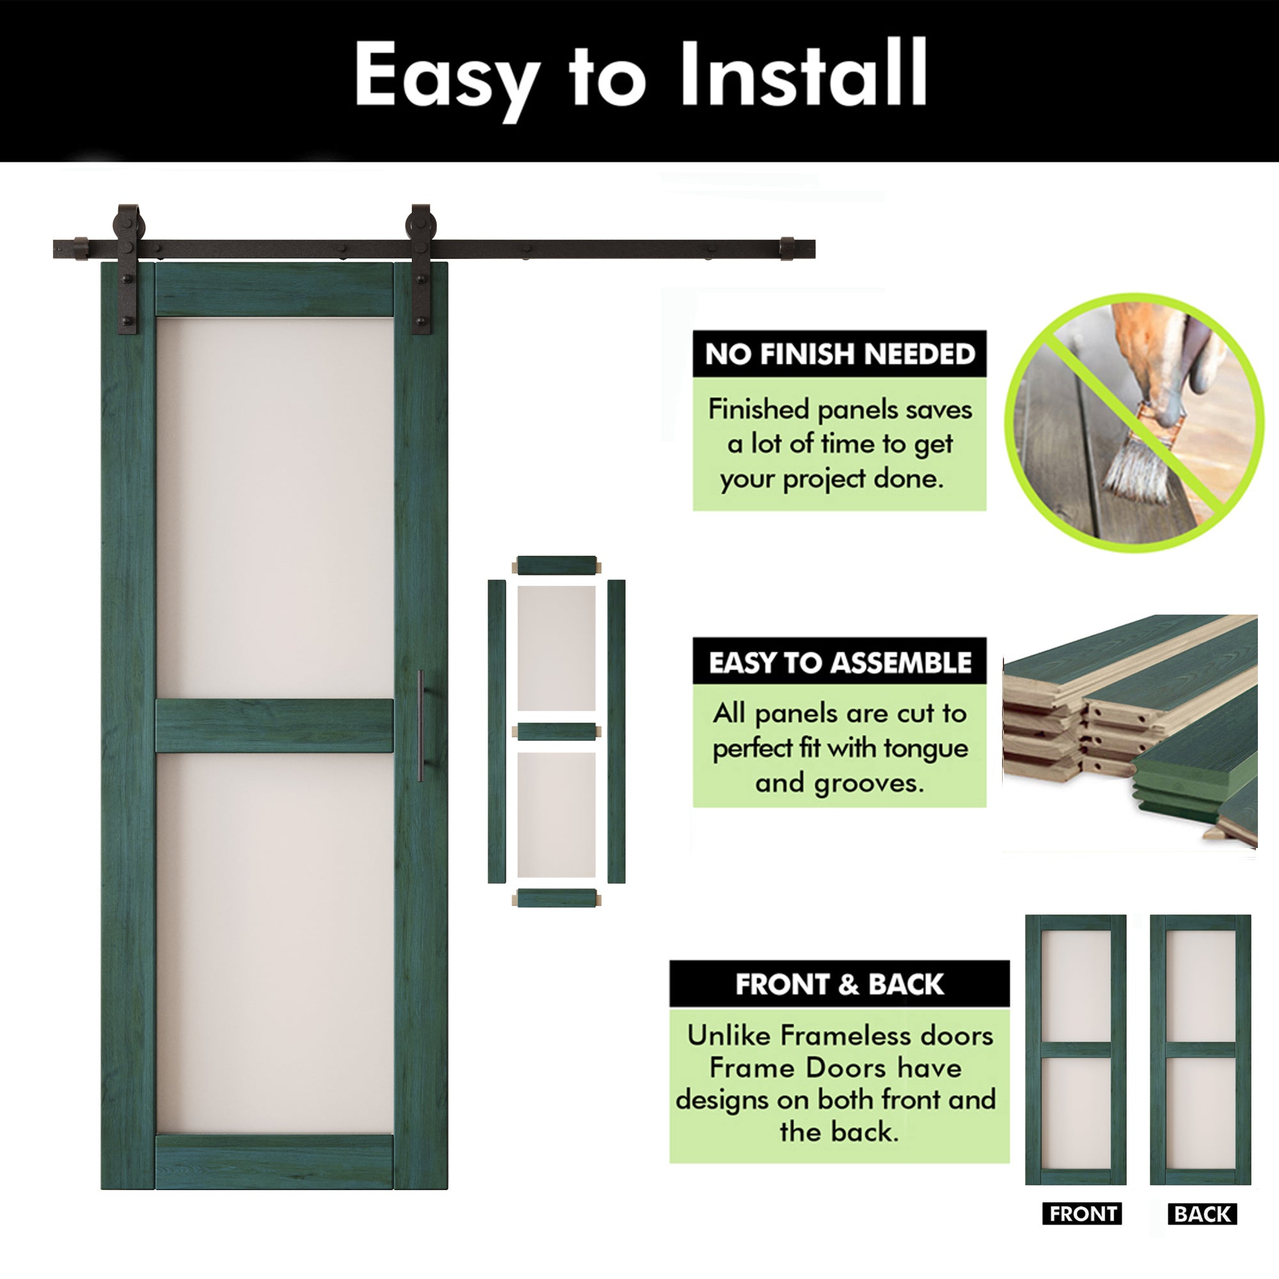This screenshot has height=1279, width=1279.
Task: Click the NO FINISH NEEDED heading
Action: click(x=840, y=354)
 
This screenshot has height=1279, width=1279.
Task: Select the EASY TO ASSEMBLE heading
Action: click(x=840, y=663)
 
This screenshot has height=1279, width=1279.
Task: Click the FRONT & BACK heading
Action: click(x=840, y=984)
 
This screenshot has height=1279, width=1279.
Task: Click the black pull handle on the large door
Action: click(x=421, y=726)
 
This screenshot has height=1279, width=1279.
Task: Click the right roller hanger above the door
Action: click(x=420, y=265)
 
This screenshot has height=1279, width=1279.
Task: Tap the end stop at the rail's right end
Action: click(x=787, y=248)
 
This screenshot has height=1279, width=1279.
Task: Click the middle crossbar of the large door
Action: click(x=274, y=726)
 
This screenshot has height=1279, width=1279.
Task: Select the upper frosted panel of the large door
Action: click(x=274, y=506)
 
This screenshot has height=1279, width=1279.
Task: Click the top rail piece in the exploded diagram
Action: click(x=556, y=565)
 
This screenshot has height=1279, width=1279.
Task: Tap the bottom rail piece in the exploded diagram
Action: click(x=556, y=898)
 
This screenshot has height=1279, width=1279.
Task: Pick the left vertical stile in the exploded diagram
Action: click(x=496, y=731)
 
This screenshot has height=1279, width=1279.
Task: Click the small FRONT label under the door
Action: click(x=1083, y=1214)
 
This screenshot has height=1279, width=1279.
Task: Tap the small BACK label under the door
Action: click(x=1202, y=1214)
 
